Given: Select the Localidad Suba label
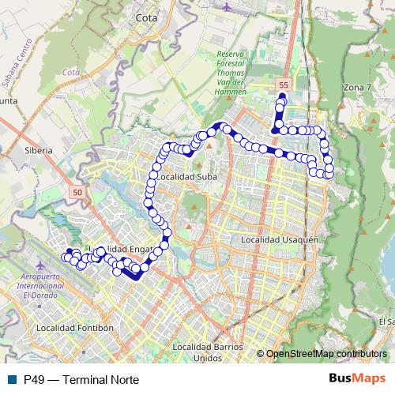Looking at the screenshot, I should [x=186, y=179].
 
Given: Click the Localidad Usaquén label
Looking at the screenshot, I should [x=279, y=239].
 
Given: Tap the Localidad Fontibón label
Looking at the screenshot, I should [x=76, y=327].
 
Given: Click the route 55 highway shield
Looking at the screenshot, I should [x=284, y=84].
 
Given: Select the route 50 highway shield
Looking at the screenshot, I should [x=76, y=192].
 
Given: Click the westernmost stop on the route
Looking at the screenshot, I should [x=65, y=257].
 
